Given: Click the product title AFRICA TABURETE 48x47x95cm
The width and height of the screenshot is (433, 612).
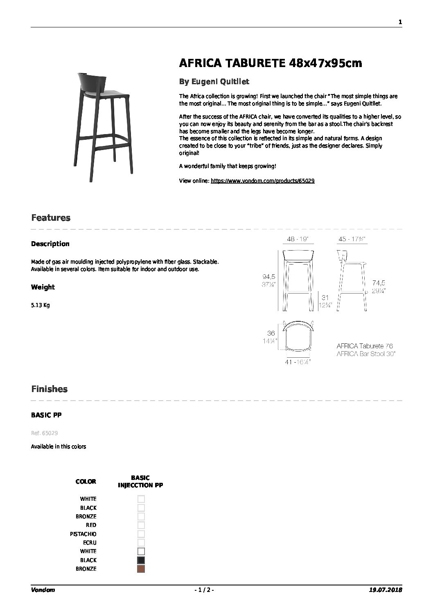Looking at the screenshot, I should pyautogui.click(x=271, y=63).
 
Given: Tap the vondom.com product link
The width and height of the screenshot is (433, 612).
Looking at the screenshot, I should pyautogui.click(x=262, y=181).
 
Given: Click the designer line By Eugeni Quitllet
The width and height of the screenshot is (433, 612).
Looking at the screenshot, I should pyautogui.click(x=214, y=82).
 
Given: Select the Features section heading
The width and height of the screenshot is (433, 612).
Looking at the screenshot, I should pyautogui.click(x=51, y=218).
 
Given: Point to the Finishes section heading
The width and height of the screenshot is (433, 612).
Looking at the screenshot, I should pyautogui.click(x=50, y=389).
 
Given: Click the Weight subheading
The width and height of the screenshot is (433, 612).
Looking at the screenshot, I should pyautogui.click(x=43, y=287).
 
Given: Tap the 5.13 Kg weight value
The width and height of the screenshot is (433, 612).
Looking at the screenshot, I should pyautogui.click(x=40, y=305).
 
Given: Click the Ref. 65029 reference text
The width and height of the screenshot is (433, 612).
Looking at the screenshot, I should pyautogui.click(x=41, y=433).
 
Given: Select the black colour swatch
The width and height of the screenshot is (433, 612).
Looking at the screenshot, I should pyautogui.click(x=141, y=560).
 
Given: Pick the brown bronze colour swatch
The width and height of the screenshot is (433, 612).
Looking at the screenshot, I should pyautogui.click(x=141, y=569).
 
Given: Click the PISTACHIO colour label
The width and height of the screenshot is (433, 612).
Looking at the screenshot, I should pyautogui.click(x=83, y=534).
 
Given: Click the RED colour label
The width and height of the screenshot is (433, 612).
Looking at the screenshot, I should pyautogui.click(x=91, y=525).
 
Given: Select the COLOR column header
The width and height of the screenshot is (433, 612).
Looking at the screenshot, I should pyautogui.click(x=86, y=482).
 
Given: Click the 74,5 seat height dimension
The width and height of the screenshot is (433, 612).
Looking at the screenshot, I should pyautogui.click(x=378, y=283).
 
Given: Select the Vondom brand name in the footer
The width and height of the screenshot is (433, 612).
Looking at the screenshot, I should pyautogui.click(x=43, y=590).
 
